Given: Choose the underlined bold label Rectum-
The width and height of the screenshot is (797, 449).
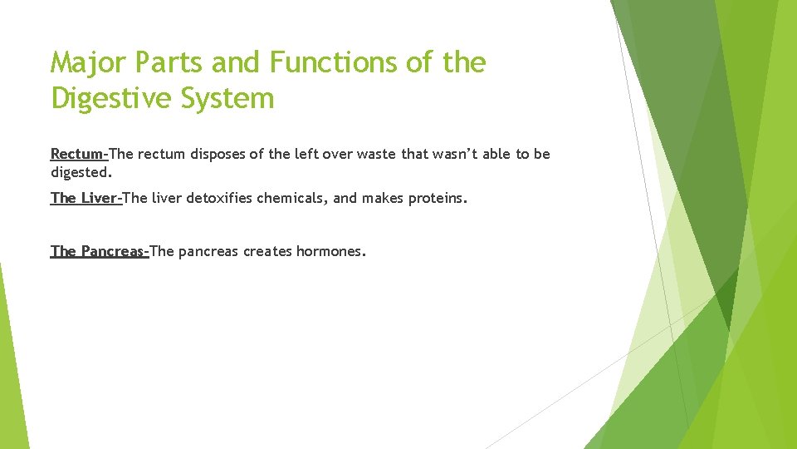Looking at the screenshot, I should pyautogui.click(x=80, y=154).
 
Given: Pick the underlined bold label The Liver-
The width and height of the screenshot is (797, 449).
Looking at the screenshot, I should pyautogui.click(x=86, y=198).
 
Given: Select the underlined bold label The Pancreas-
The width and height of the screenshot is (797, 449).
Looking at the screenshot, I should pyautogui.click(x=100, y=251).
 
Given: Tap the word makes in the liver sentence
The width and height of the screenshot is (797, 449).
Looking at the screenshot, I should pyautogui.click(x=380, y=198).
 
